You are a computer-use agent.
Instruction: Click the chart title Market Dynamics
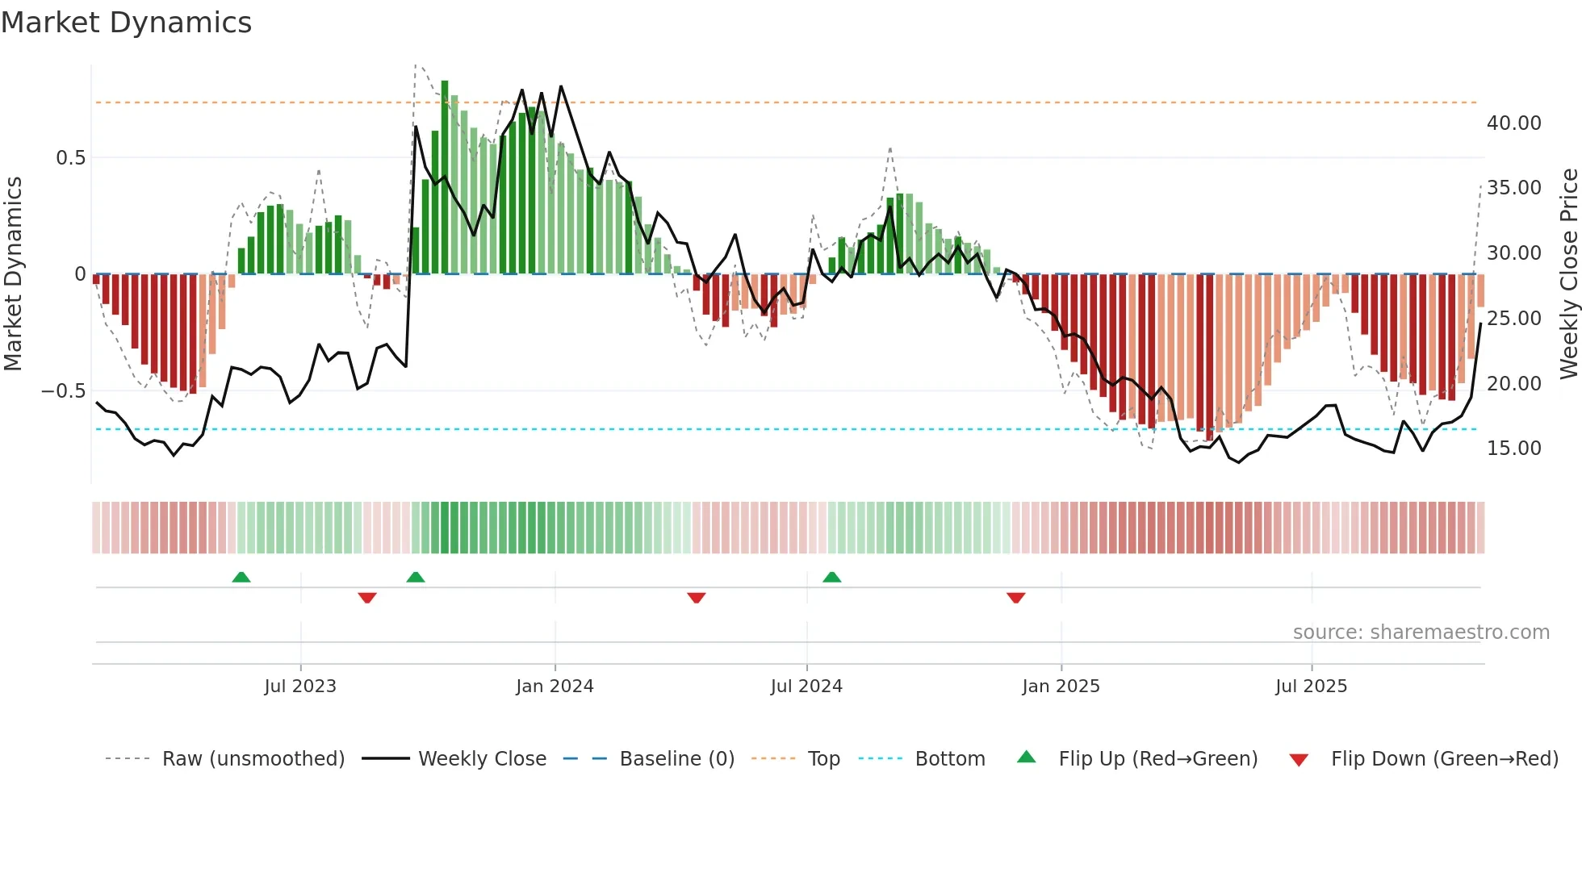tap(126, 23)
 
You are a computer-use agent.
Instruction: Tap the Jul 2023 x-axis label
tap(300, 687)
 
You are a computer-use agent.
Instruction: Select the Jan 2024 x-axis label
tap(555, 687)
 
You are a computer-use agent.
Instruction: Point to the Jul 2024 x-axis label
tap(806, 687)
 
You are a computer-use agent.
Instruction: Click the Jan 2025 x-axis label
tap(1061, 687)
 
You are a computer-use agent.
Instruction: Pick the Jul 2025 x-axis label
tap(1312, 687)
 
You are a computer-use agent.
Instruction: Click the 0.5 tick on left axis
tap(71, 158)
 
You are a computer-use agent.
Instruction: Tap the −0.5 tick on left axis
tap(64, 391)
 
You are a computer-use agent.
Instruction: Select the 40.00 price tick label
tap(1513, 123)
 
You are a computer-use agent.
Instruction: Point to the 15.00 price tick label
tap(1513, 449)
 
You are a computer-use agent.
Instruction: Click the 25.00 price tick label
tap(1513, 319)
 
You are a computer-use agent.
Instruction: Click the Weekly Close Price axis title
tap(1568, 274)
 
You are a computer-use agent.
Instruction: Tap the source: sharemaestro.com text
tap(1421, 632)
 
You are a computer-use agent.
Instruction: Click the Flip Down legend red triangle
tap(1299, 760)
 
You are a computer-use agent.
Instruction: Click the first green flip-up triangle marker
tap(241, 577)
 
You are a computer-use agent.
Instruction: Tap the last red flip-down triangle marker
tap(1016, 598)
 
